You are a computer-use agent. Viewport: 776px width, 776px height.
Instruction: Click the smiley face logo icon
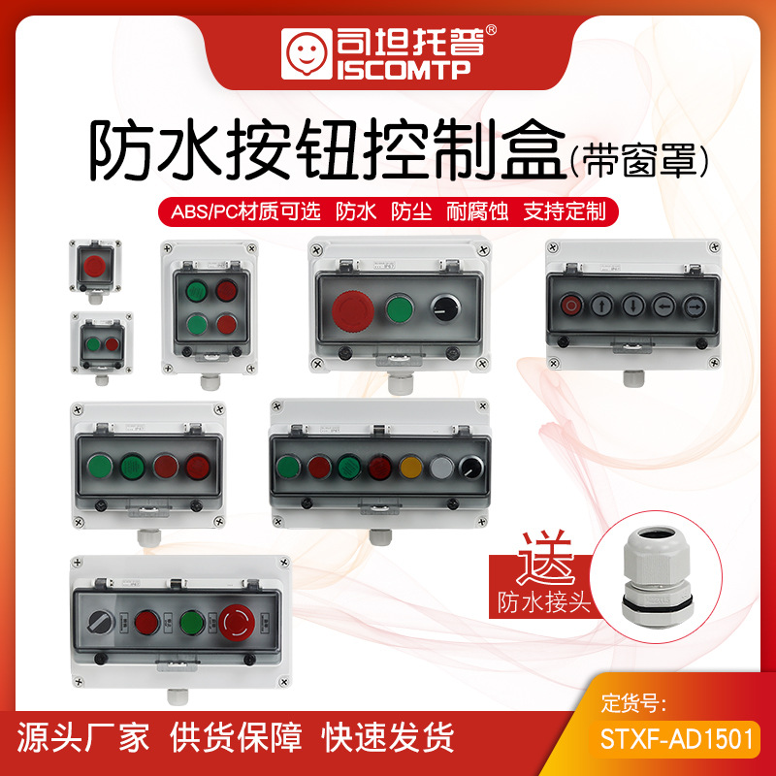pos(307,53)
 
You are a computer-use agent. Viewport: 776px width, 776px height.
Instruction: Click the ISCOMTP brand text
pos(404,70)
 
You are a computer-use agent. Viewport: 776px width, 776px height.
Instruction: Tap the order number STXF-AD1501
pos(676,739)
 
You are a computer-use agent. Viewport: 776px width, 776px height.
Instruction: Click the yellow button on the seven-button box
pos(410,468)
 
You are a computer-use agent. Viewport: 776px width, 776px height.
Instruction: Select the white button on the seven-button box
pos(441,468)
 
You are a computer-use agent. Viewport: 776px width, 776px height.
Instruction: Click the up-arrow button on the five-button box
pos(601,306)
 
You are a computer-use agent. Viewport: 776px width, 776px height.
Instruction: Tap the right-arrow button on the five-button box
pos(695,307)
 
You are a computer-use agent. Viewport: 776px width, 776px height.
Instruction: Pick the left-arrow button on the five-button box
pos(663,307)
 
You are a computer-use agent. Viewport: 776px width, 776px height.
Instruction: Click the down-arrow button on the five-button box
pos(633,306)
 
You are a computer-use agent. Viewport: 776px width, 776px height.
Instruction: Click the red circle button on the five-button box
pos(571,306)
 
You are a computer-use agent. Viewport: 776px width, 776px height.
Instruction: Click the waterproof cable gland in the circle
pos(657,577)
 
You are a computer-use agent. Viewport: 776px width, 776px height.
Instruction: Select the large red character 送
pos(546,559)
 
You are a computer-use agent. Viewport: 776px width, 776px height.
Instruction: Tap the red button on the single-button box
pos(94,266)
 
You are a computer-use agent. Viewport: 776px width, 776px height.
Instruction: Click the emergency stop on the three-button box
pos(353,310)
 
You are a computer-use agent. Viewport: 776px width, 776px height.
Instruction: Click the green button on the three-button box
pos(400,309)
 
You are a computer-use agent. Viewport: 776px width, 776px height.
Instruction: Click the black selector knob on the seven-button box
pos(471,468)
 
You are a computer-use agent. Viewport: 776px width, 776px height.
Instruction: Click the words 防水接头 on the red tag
pos(544,602)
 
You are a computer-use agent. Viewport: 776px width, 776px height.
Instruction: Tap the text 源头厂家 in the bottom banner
pos(83,737)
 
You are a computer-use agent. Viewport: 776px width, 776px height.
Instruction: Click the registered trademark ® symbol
pos(491,31)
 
